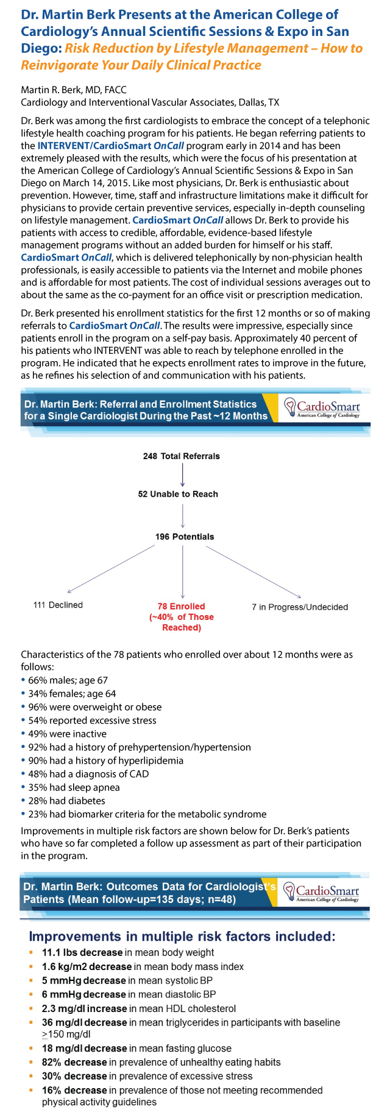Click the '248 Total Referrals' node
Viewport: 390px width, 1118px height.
pyautogui.click(x=182, y=456)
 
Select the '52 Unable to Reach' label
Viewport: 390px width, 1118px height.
pyautogui.click(x=178, y=494)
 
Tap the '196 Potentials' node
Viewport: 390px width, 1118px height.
pyautogui.click(x=185, y=536)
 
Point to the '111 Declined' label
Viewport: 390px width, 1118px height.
pyautogui.click(x=58, y=605)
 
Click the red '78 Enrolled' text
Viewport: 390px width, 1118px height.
pyautogui.click(x=182, y=606)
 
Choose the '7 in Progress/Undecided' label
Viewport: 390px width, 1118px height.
pyautogui.click(x=300, y=607)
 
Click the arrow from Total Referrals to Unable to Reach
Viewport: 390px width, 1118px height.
pyautogui.click(x=183, y=475)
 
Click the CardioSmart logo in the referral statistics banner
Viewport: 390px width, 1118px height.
pyautogui.click(x=322, y=408)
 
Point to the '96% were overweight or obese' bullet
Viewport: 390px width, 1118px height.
pyautogui.click(x=91, y=707)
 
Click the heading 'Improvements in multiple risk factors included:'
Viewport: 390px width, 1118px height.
pyautogui.click(x=182, y=936)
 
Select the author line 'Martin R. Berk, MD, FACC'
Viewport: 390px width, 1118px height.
pyautogui.click(x=74, y=90)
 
